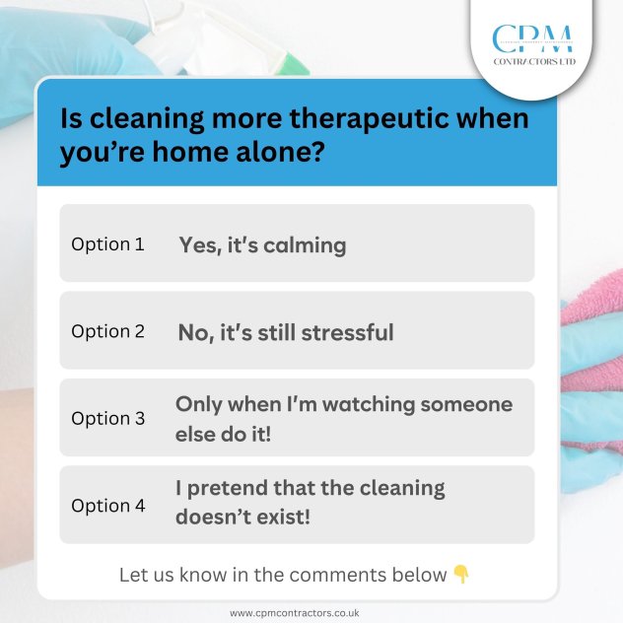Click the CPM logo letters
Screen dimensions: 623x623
(533, 38)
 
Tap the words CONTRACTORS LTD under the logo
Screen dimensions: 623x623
(534, 61)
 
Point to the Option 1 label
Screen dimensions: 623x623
(107, 244)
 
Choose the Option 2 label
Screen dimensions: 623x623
(107, 332)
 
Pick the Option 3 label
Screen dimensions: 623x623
(108, 419)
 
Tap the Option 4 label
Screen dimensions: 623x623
(108, 507)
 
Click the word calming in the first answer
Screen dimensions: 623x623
(305, 245)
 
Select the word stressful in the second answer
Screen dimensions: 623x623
(348, 332)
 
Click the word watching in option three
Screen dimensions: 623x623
(369, 405)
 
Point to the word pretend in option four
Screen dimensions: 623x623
(228, 489)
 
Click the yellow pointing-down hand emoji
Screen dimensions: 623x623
(461, 574)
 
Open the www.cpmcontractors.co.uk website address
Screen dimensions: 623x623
(295, 613)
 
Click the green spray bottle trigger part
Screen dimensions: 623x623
(294, 64)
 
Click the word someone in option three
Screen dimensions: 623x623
(466, 405)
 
